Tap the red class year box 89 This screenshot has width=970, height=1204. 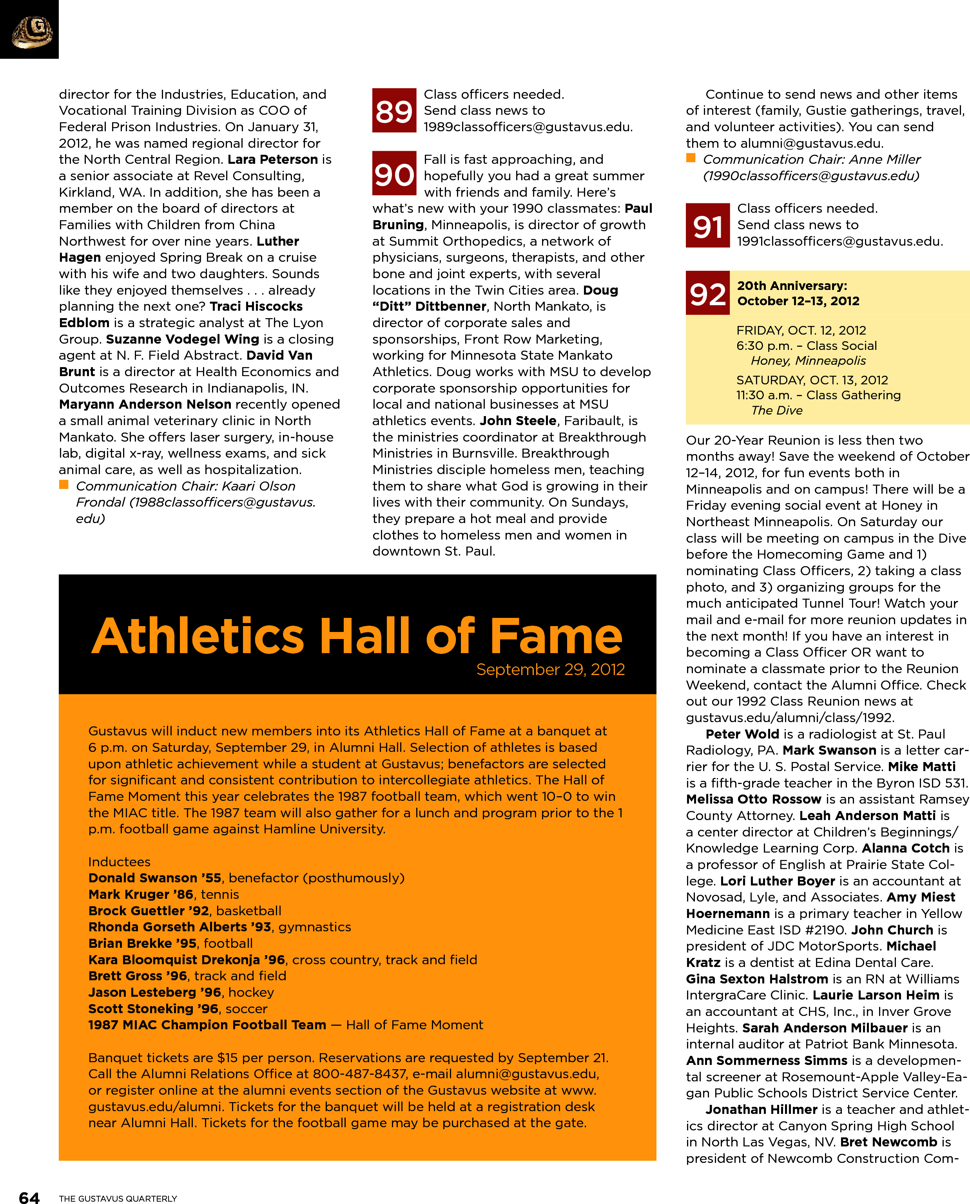pyautogui.click(x=394, y=110)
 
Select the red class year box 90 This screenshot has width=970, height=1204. pyautogui.click(x=394, y=174)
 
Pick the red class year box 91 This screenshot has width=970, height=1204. pyautogui.click(x=707, y=226)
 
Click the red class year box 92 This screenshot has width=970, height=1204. pyautogui.click(x=707, y=293)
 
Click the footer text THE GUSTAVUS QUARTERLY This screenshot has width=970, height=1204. pyautogui.click(x=118, y=1198)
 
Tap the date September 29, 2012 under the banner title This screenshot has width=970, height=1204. pyautogui.click(x=550, y=669)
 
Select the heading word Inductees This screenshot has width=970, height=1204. pyautogui.click(x=119, y=862)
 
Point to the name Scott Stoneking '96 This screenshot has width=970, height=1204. pyautogui.click(x=153, y=1008)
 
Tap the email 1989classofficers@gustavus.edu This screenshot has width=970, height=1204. pyautogui.click(x=528, y=127)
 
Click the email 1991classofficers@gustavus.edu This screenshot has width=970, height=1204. pyautogui.click(x=839, y=241)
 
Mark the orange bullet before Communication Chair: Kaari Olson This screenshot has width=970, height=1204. pyautogui.click(x=64, y=485)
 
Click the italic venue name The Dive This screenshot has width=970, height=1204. pyautogui.click(x=777, y=411)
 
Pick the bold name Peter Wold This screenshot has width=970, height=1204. pyautogui.click(x=742, y=734)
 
